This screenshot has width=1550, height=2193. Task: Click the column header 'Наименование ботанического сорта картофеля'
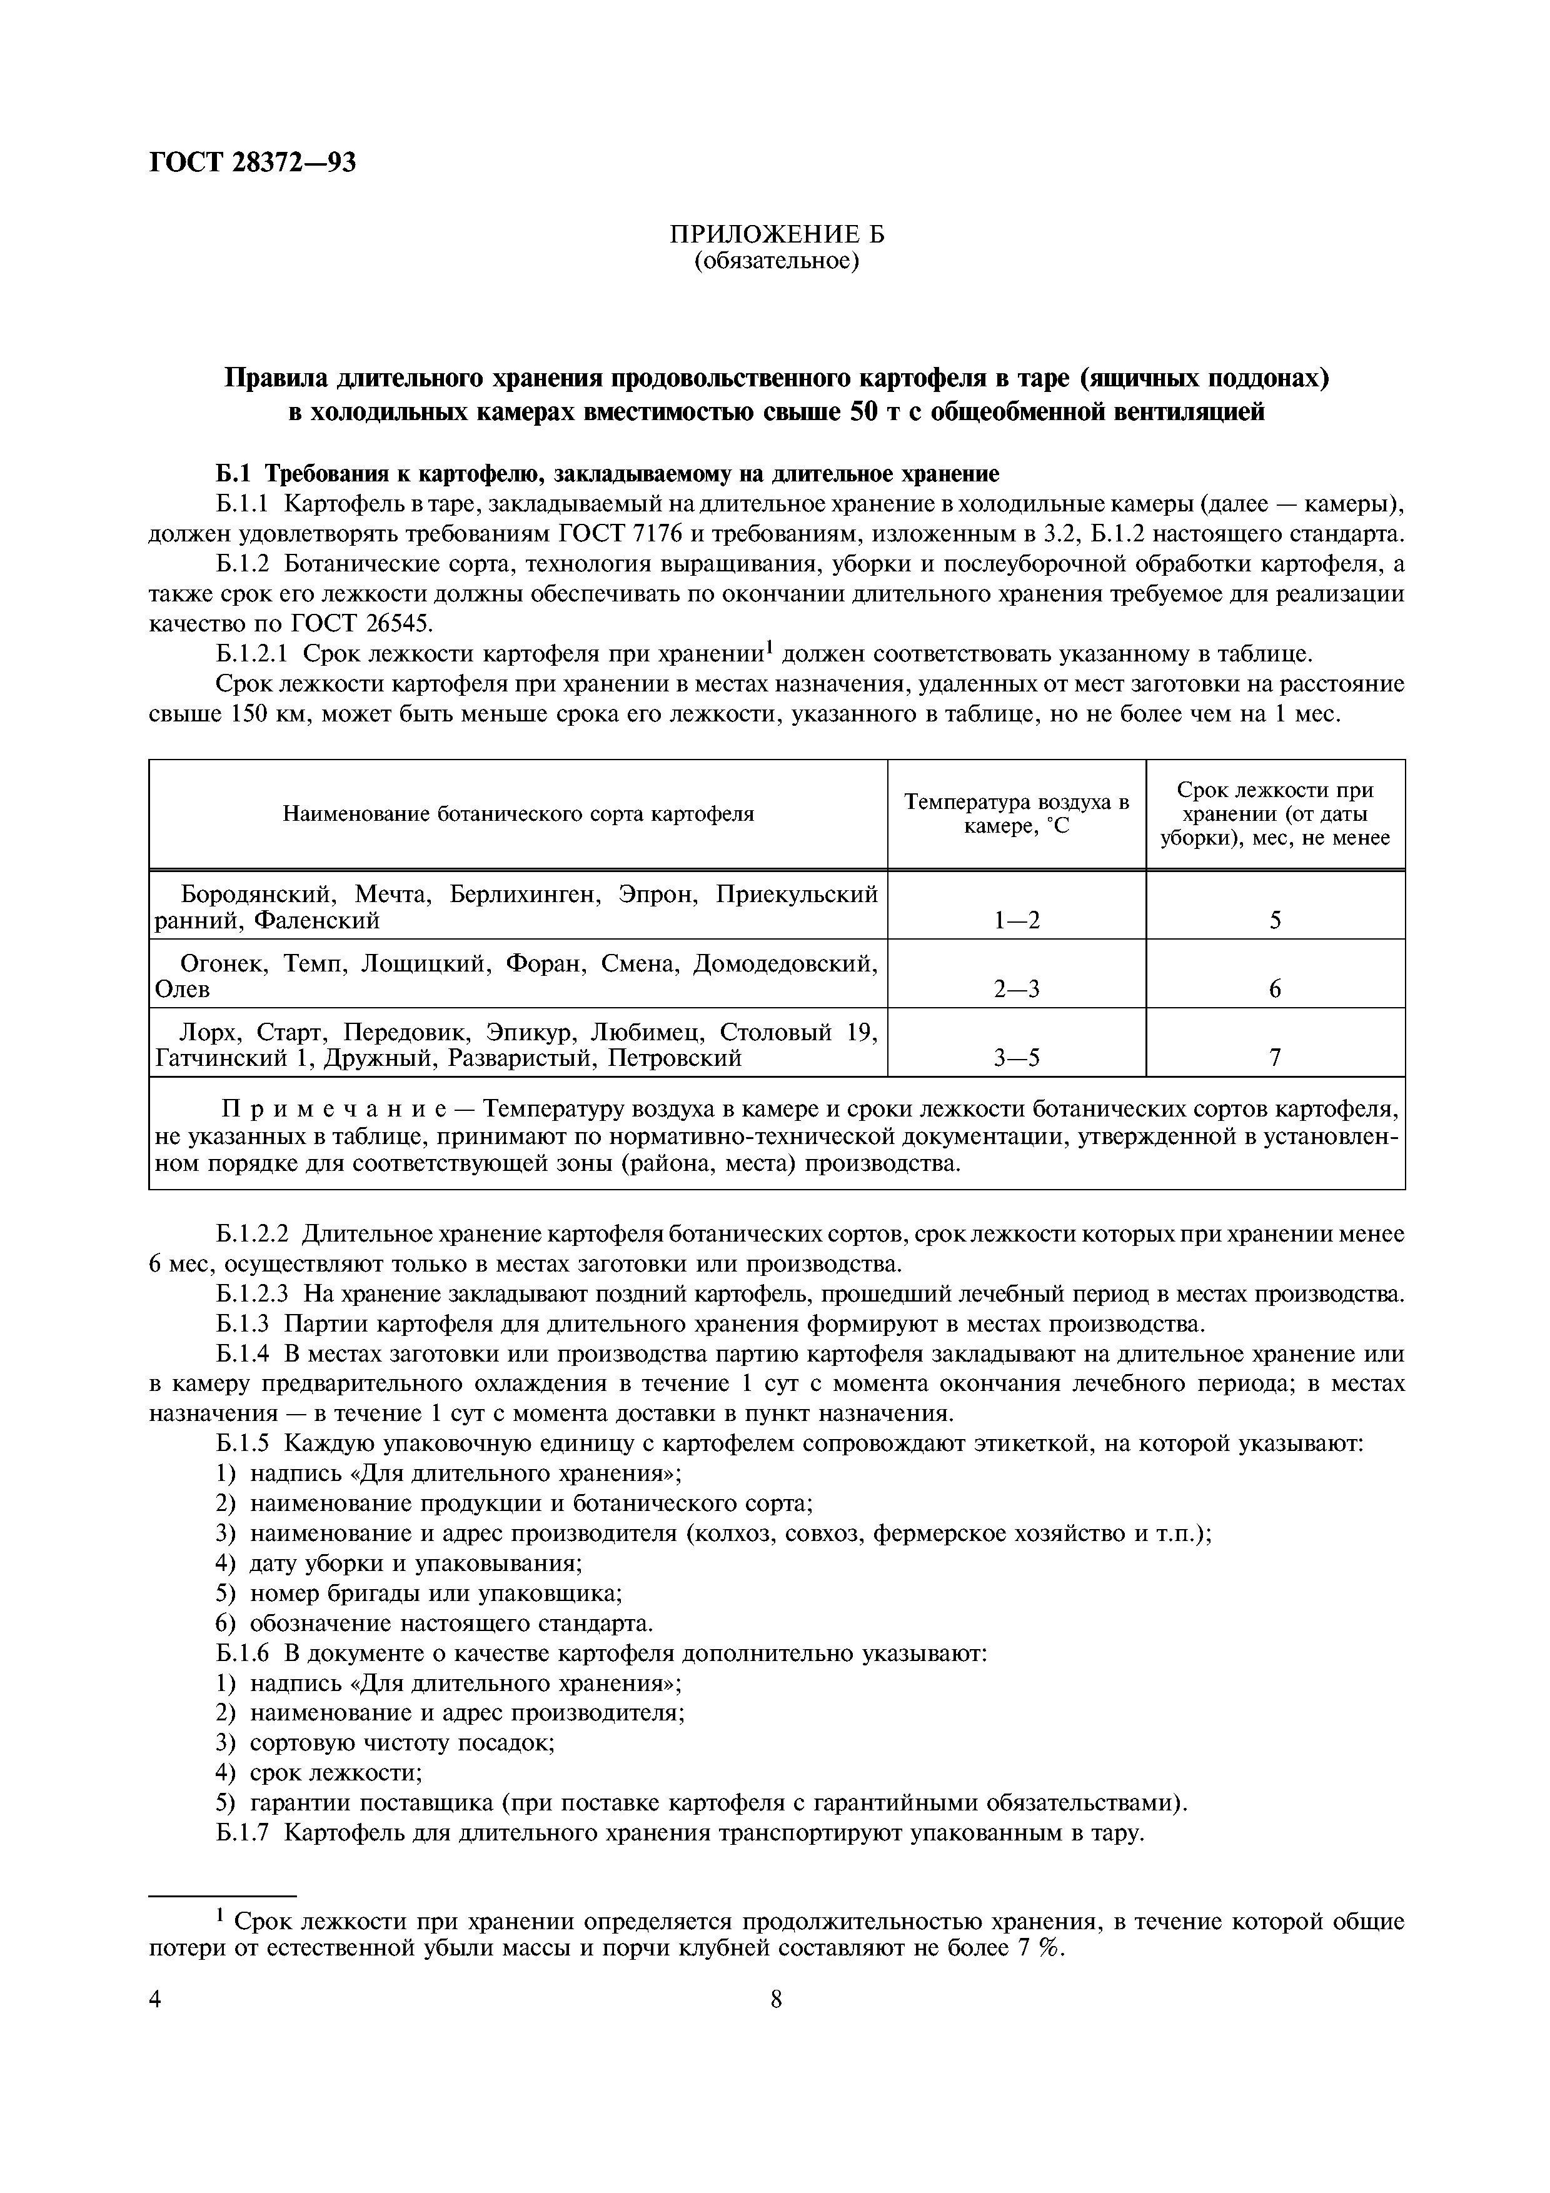(518, 814)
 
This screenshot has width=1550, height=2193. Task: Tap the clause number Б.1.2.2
(252, 1234)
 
